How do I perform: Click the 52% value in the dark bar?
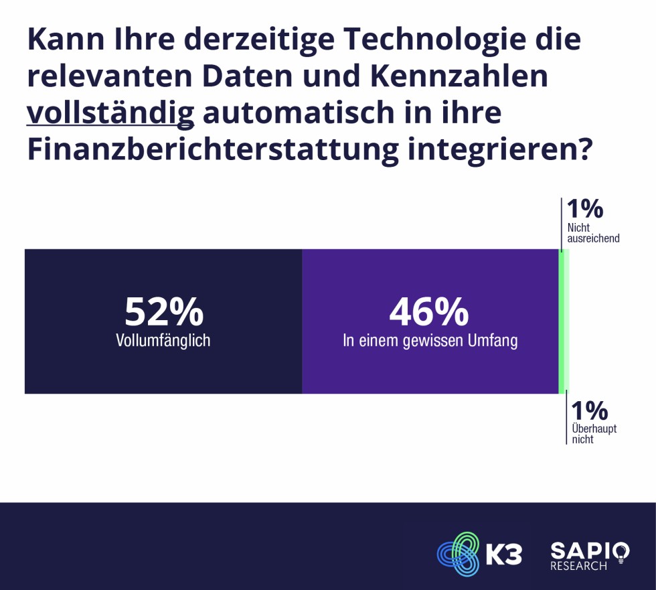(x=163, y=312)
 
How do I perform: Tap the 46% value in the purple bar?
(x=429, y=312)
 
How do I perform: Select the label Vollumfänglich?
(x=163, y=341)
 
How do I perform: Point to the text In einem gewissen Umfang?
(x=430, y=341)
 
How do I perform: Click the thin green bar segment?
(x=564, y=321)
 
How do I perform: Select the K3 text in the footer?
(x=502, y=555)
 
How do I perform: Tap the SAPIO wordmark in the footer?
(x=580, y=550)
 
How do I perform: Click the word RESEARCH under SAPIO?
(x=578, y=567)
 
